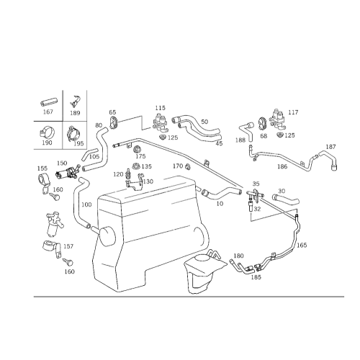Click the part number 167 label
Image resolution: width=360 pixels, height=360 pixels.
click(x=48, y=112)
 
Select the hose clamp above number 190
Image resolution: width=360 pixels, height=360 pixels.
click(x=47, y=132)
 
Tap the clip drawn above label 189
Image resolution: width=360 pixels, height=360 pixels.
click(x=75, y=102)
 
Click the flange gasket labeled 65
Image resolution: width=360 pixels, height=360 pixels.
click(x=113, y=122)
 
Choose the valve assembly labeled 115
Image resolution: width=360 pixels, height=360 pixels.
click(x=161, y=122)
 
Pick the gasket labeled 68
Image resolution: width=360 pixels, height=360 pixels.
click(x=262, y=123)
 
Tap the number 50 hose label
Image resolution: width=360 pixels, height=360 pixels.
click(x=204, y=122)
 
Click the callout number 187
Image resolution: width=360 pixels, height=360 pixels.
click(x=330, y=147)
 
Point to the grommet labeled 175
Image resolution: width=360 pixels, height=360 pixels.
click(x=138, y=149)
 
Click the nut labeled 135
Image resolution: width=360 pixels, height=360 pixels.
click(x=136, y=166)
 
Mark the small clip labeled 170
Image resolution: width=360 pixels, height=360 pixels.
click(x=188, y=166)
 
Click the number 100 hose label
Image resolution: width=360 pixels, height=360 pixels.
click(x=86, y=204)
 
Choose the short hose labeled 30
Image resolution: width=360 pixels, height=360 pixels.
click(x=286, y=199)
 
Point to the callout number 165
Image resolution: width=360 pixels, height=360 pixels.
click(x=302, y=245)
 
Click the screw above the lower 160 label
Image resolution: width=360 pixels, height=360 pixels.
click(x=68, y=262)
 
